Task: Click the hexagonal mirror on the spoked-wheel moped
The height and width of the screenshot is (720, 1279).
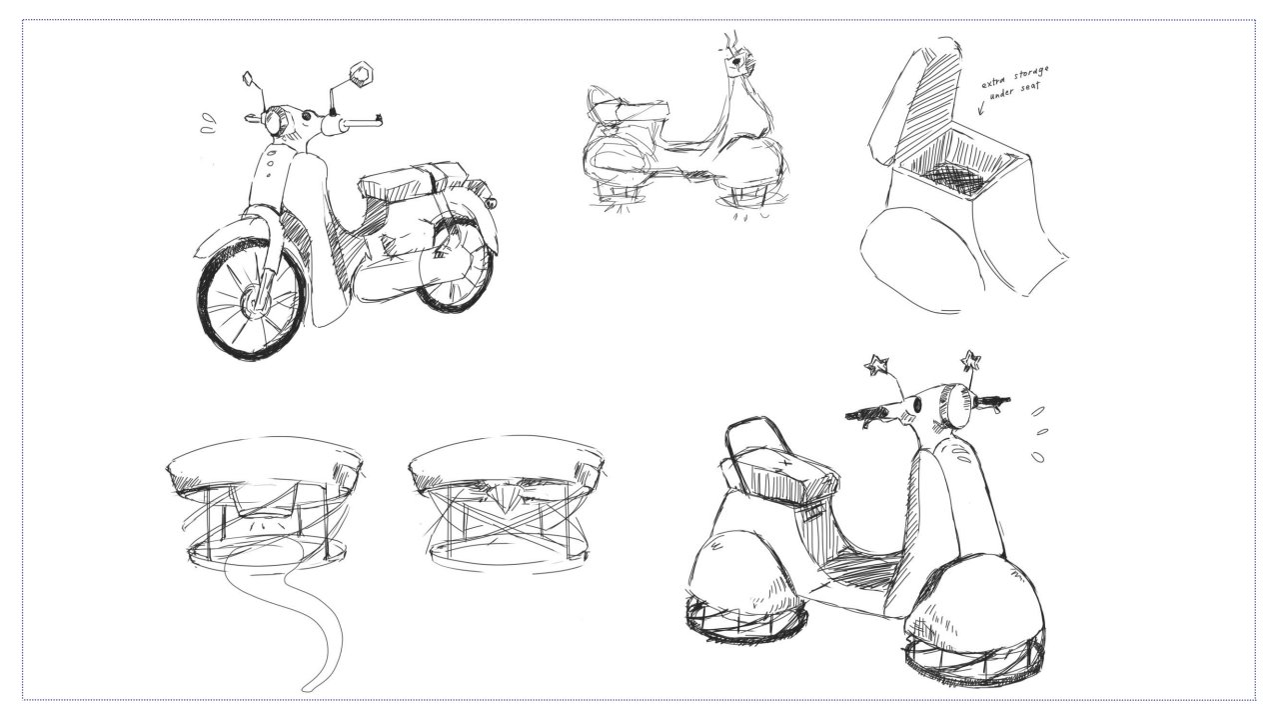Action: (x=361, y=75)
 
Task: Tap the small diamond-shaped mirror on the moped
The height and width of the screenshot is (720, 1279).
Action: (x=249, y=79)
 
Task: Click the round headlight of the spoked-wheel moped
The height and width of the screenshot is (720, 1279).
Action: (x=275, y=121)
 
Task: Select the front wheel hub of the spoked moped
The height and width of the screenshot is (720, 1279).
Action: (x=253, y=301)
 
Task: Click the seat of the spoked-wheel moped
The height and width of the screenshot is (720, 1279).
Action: (x=411, y=179)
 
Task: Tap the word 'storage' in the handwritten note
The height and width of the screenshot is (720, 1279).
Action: (x=1031, y=75)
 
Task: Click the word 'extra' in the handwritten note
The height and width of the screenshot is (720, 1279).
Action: (x=994, y=82)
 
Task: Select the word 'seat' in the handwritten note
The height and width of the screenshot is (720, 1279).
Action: (x=1030, y=88)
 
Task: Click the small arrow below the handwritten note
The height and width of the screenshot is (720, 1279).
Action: (x=982, y=106)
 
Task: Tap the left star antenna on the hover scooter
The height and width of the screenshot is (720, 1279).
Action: (x=877, y=365)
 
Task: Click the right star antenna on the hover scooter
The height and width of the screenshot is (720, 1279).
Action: (x=970, y=361)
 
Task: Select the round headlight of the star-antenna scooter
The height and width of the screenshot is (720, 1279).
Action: (x=954, y=406)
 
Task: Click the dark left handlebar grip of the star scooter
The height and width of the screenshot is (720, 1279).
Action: (x=865, y=413)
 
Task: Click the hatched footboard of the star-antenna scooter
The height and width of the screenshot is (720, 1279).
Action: (x=859, y=570)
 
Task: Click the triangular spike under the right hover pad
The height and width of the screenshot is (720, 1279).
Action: (x=505, y=497)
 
